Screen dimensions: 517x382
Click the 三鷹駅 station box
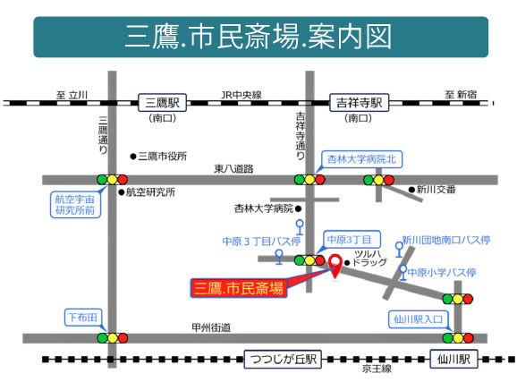click(x=162, y=103)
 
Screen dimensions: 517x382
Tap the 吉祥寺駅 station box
click(x=359, y=103)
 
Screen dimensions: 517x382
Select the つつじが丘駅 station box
click(x=283, y=359)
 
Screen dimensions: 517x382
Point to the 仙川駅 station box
click(x=453, y=359)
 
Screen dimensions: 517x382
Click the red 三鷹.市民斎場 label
click(x=239, y=288)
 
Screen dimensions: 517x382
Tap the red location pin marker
click(x=335, y=266)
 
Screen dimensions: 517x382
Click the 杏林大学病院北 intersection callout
click(x=361, y=159)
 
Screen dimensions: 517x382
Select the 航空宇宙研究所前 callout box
click(x=75, y=205)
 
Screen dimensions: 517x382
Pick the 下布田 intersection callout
click(x=83, y=318)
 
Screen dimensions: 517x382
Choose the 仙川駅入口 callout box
click(x=418, y=319)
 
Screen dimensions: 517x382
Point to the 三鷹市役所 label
click(x=159, y=157)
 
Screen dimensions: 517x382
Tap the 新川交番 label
click(x=432, y=190)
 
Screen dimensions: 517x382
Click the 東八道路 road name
click(x=233, y=169)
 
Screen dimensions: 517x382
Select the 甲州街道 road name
click(x=211, y=327)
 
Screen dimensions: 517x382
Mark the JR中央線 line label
click(x=242, y=95)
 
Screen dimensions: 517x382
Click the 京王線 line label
click(x=377, y=369)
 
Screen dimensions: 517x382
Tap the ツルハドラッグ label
click(x=368, y=259)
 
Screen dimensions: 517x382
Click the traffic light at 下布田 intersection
click(x=112, y=338)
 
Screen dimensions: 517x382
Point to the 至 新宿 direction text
click(x=461, y=95)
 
